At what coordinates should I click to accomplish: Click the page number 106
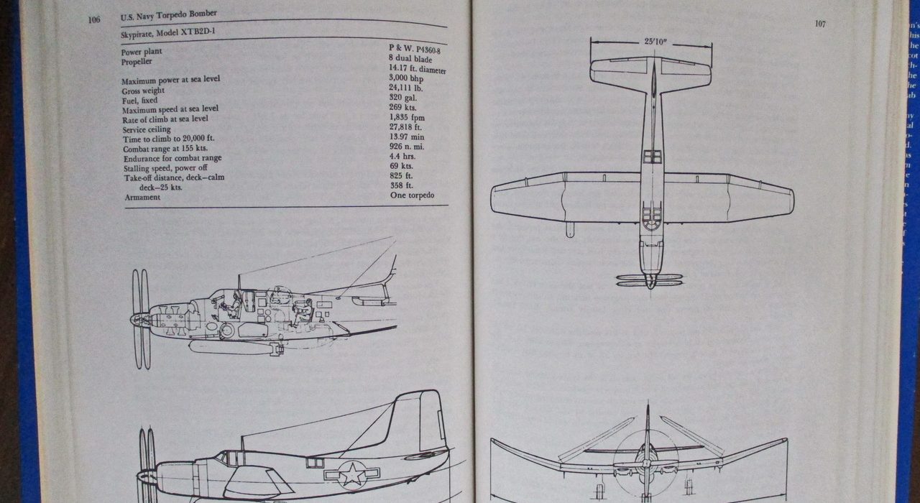(94, 19)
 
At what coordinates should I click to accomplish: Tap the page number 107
(820, 24)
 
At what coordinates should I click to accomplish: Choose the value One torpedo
(412, 195)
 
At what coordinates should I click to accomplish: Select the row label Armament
(142, 198)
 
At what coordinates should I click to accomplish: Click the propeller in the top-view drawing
(650, 280)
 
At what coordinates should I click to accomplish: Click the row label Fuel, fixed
(139, 101)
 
